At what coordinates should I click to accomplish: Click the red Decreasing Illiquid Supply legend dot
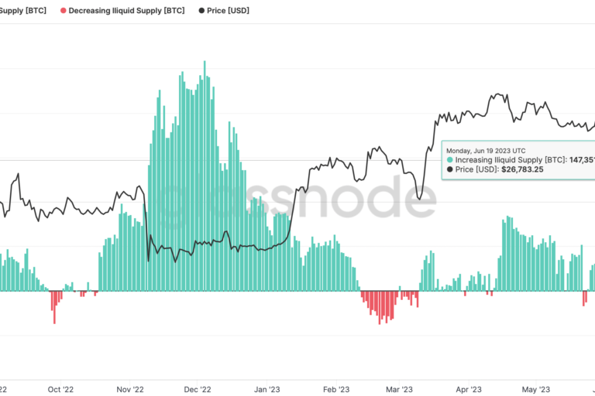64,12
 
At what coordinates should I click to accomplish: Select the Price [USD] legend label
229,12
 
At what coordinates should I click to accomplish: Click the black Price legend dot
202,12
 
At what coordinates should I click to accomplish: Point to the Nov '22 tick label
129,389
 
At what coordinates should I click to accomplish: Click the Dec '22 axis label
199,389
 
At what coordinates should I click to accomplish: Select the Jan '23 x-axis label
268,389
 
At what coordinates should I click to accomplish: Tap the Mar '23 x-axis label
399,389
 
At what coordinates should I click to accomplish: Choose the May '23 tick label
535,389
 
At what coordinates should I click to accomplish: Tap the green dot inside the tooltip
449,159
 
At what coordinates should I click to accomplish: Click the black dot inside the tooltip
449,169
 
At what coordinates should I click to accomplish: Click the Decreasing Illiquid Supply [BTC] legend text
126,12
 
